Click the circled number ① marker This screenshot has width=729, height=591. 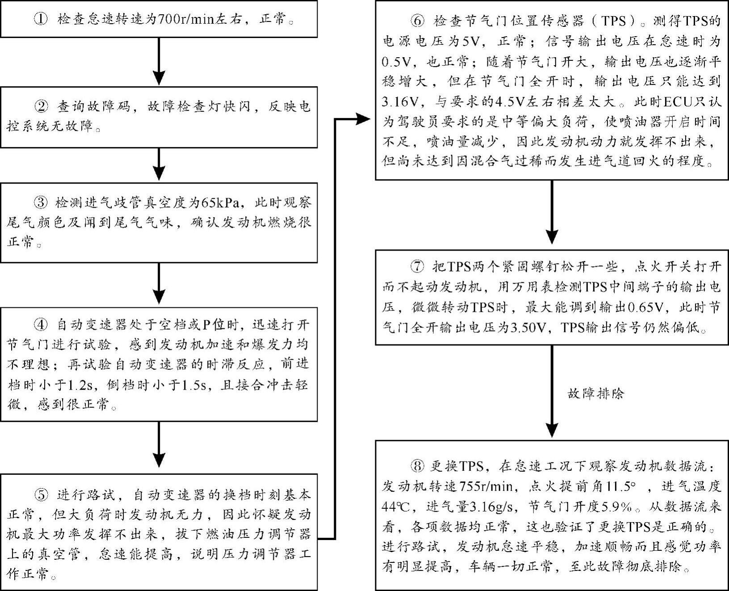(41, 20)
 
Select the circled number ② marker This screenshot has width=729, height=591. (41, 107)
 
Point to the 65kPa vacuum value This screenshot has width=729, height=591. (223, 203)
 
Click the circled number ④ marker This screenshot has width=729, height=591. (41, 325)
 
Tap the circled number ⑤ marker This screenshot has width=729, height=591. (41, 495)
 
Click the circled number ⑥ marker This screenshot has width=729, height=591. (416, 21)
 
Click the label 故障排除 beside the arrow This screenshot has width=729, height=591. (595, 393)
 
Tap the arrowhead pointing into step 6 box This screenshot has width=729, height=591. (364, 119)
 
